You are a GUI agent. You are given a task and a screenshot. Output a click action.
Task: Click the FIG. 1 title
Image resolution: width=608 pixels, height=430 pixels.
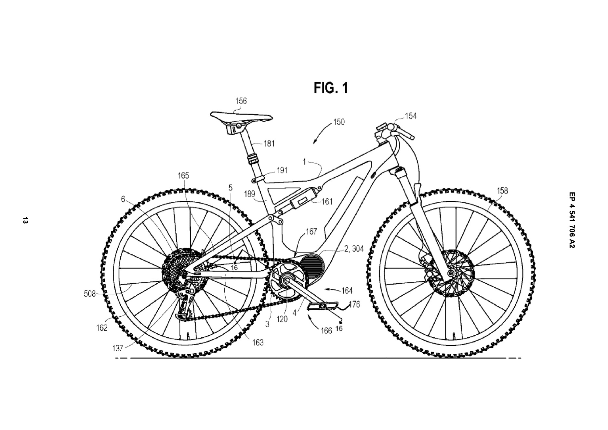coord(331,88)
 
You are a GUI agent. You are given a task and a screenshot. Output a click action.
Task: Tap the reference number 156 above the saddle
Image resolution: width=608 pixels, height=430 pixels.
coord(241,101)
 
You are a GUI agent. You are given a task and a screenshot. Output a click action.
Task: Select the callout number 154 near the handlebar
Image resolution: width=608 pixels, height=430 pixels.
coord(411,116)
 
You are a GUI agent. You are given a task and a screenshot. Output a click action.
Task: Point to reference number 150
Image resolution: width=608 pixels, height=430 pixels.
coord(339,122)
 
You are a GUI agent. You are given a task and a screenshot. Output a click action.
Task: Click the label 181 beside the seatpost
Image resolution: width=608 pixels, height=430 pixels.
coord(269,143)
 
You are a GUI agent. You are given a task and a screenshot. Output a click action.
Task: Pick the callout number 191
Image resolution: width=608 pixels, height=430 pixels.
coord(282,170)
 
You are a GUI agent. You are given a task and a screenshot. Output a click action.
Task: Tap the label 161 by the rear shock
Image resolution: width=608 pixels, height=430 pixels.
coord(327,202)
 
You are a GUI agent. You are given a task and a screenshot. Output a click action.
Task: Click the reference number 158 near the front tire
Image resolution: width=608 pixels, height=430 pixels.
coord(502,191)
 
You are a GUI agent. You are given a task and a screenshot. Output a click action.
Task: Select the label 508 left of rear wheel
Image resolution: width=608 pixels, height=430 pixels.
coord(90,294)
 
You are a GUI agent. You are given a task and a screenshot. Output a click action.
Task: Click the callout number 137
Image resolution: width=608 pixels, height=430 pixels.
coord(117,348)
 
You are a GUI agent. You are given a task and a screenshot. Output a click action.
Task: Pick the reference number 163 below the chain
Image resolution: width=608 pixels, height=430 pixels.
coord(258,343)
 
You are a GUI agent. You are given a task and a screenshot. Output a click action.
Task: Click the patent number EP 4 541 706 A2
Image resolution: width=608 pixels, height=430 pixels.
coord(572,220)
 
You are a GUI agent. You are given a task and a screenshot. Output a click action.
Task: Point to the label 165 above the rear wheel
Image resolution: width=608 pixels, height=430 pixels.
coord(183,176)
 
